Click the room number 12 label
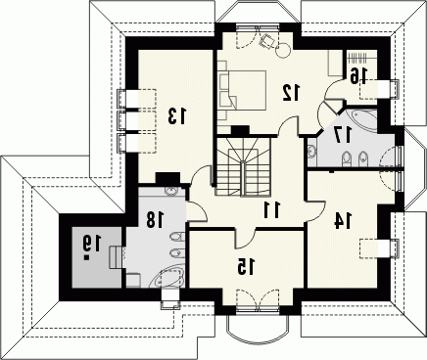tap(291, 92)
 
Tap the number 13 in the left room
tap(177, 116)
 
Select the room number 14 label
tap(343, 221)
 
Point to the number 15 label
tap(246, 267)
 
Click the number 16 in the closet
tap(358, 75)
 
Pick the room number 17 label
tap(343, 134)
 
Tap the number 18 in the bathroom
tap(155, 219)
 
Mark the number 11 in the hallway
tap(272, 209)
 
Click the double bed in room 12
tap(242, 90)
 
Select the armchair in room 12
tap(267, 40)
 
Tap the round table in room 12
tap(283, 50)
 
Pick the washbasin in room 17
tap(311, 152)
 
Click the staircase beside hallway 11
tap(243, 166)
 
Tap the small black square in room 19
tap(86, 257)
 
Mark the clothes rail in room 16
tap(357, 58)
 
